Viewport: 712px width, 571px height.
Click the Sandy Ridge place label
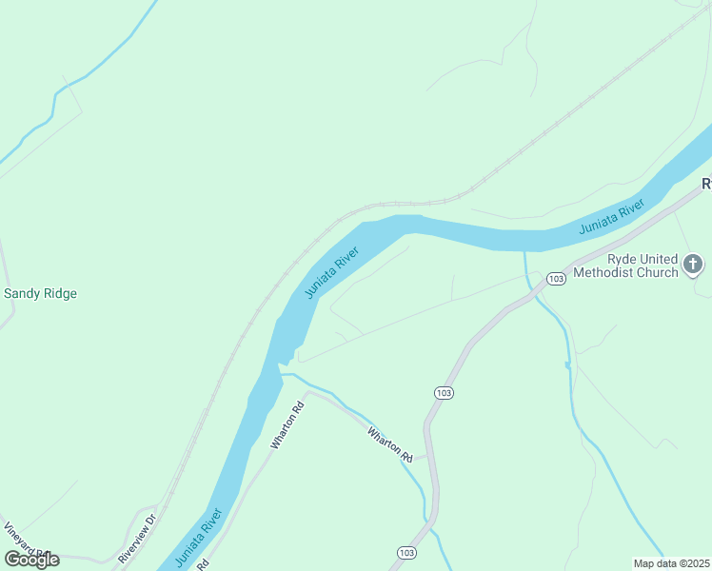[40, 293]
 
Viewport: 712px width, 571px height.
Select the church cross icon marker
[694, 265]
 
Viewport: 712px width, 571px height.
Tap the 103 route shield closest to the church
[557, 278]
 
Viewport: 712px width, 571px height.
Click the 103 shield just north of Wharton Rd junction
[443, 392]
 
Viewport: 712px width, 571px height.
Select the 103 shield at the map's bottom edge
[406, 553]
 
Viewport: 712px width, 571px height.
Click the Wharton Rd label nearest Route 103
[390, 444]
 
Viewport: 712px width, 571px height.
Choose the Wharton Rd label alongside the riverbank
[287, 425]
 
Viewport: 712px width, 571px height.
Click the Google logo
[32, 559]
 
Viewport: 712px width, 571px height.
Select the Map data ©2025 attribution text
[671, 562]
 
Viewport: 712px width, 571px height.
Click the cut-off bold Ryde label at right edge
[706, 183]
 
